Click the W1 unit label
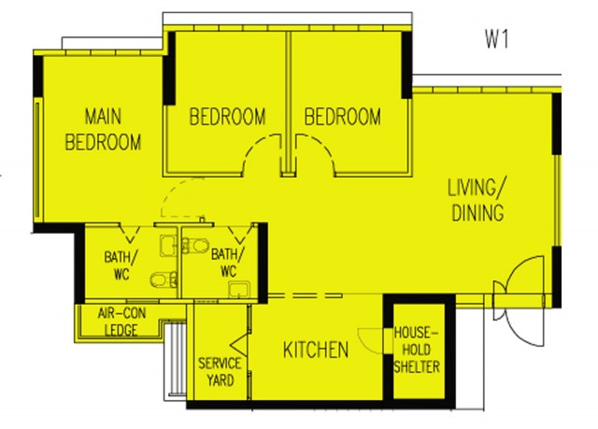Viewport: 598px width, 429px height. (496, 39)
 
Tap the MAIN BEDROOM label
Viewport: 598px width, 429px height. (103, 129)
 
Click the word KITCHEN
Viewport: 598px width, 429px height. (316, 350)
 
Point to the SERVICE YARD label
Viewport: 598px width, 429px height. (220, 372)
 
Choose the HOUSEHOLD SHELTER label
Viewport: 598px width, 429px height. (417, 350)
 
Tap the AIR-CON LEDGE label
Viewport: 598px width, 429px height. (121, 322)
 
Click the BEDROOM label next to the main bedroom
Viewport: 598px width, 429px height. (228, 117)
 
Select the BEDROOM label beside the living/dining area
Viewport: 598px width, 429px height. (343, 117)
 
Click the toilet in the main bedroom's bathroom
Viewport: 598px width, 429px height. (164, 279)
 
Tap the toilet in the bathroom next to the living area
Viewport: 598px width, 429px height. (195, 246)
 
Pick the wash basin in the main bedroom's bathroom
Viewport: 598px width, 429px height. (168, 246)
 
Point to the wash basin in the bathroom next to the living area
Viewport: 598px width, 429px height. (239, 289)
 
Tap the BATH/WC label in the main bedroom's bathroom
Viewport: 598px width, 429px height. (119, 265)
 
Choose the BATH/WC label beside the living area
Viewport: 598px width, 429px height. (228, 263)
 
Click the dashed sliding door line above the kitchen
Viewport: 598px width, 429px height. (306, 295)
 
